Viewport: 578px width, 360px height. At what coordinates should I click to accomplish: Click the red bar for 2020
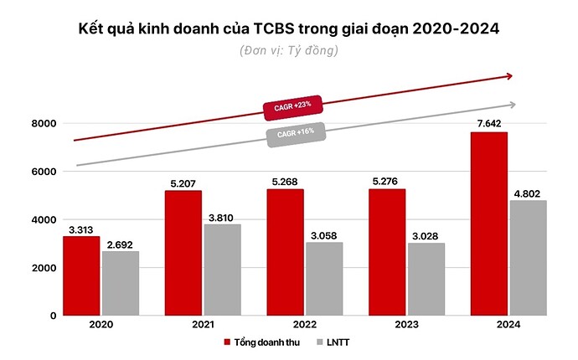pos(81,275)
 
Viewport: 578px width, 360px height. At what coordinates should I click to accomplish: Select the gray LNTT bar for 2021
pos(223,270)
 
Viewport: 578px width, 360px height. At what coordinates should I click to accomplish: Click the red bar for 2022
pos(285,252)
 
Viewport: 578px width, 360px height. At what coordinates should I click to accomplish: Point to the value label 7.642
pos(488,124)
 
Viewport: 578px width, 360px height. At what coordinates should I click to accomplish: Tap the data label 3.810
pos(223,216)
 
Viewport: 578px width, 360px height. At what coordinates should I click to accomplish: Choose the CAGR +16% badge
pos(295,135)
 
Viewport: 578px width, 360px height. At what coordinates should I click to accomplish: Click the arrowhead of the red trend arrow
pos(508,76)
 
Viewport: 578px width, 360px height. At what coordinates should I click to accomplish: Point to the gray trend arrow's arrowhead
pos(511,105)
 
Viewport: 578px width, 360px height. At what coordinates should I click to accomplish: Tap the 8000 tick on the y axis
pos(44,124)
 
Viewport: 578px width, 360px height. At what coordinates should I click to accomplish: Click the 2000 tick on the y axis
pos(44,268)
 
